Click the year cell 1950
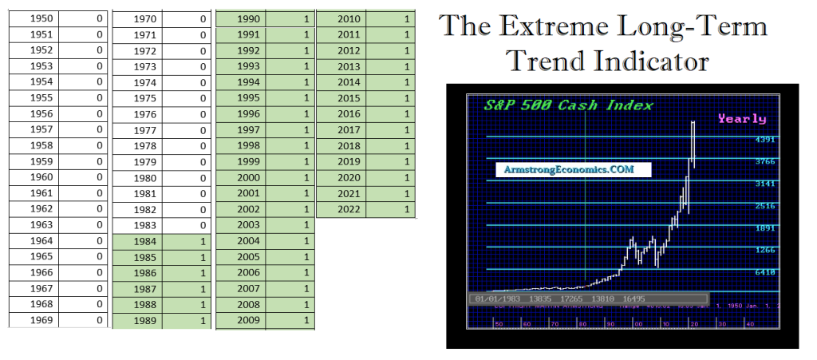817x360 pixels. [40, 18]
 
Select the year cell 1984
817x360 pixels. [144, 241]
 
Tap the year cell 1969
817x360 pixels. [40, 320]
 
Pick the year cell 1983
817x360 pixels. [144, 225]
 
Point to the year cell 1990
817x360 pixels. [249, 18]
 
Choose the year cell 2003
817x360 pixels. [249, 225]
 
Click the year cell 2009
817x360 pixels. [249, 321]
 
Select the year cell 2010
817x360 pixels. [349, 18]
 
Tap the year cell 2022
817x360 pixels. [349, 209]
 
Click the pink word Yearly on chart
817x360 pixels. [741, 119]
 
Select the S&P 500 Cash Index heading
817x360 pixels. [569, 105]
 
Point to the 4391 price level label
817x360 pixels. [765, 140]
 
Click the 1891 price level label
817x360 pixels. [765, 227]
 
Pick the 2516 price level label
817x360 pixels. [765, 206]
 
